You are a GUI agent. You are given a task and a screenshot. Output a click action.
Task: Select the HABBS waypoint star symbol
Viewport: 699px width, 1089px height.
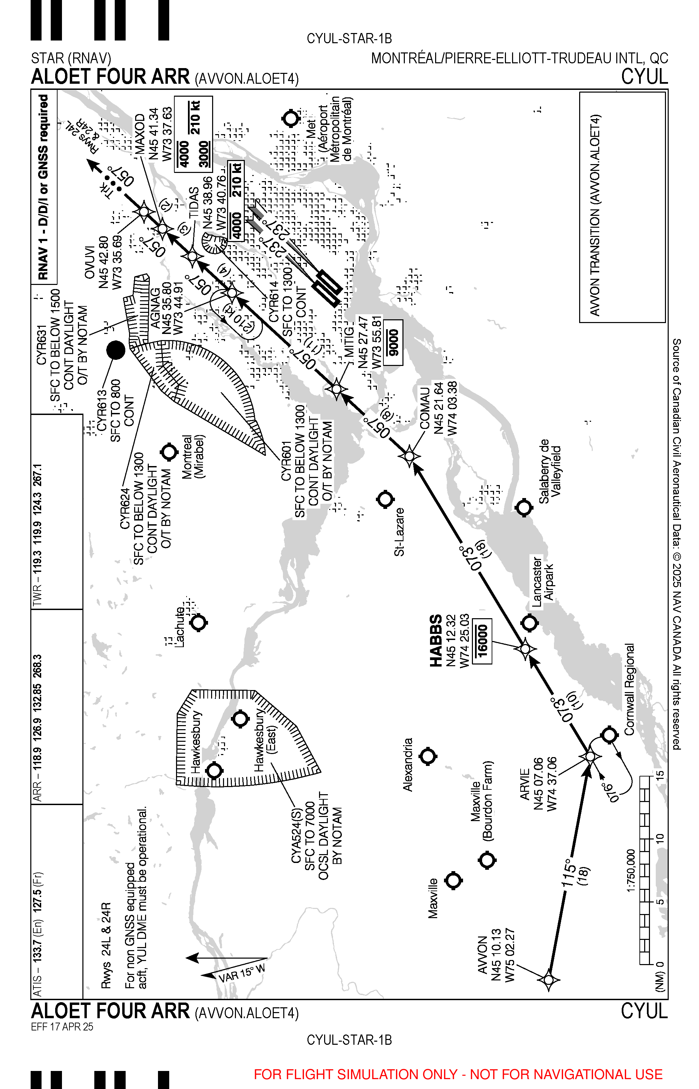tap(525, 649)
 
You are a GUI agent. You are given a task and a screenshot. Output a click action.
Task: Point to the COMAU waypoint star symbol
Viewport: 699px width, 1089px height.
tap(409, 455)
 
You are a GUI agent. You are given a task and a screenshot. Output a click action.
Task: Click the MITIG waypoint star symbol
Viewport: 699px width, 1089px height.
tap(337, 389)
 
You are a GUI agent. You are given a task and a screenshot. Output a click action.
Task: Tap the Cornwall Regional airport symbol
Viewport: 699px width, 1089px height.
tap(609, 734)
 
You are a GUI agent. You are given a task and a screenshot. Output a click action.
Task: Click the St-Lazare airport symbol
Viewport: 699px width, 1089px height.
tap(385, 499)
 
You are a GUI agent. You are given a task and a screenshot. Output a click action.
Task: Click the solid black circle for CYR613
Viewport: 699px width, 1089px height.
tap(116, 350)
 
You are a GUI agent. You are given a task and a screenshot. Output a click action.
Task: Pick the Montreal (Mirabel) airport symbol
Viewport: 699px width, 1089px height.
tap(169, 452)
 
